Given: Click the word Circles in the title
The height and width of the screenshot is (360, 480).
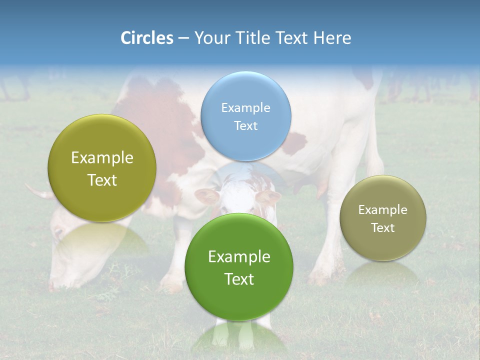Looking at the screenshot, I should [146, 38].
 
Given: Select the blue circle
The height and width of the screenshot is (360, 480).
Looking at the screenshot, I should [245, 116].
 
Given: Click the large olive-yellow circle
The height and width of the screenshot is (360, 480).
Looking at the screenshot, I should [102, 168].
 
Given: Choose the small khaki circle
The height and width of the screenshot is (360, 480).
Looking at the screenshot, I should [383, 218].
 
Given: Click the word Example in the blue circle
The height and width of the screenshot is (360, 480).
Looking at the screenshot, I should [245, 107].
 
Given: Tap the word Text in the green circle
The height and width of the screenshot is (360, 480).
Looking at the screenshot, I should [239, 279].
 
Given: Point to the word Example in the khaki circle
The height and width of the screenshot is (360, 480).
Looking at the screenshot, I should [383, 210].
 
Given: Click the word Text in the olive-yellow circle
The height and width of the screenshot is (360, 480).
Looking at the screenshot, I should [102, 180].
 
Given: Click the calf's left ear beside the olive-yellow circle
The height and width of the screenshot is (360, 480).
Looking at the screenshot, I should [206, 195].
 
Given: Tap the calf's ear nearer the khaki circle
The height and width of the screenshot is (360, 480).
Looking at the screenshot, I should [268, 196].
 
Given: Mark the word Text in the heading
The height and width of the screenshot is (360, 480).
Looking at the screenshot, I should [293, 38].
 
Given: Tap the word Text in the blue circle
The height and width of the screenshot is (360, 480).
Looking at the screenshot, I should [245, 125].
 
